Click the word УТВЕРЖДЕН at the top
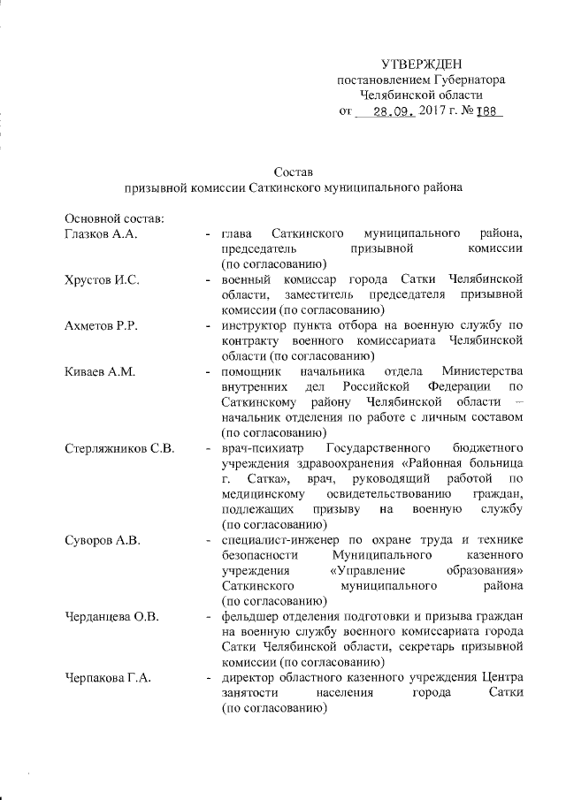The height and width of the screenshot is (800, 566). tap(421, 65)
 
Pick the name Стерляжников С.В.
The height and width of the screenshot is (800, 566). tap(119, 448)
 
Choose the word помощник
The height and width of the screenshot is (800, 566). tap(251, 371)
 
